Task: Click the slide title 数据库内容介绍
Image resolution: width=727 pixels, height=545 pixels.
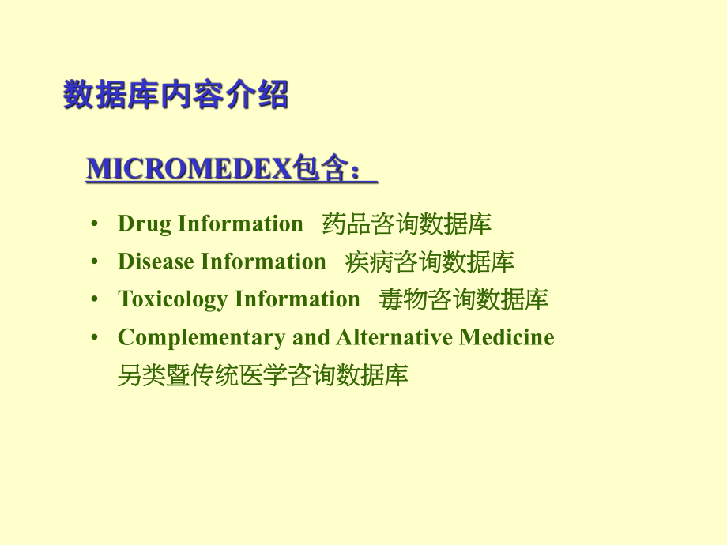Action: [x=175, y=96]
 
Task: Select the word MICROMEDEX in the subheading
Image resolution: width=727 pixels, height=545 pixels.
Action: [x=188, y=169]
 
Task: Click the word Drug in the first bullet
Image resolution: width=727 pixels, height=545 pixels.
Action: [x=145, y=224]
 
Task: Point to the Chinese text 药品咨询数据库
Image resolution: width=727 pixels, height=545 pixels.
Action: [x=406, y=224]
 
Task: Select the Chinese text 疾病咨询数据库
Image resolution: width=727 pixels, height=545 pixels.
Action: [x=429, y=262]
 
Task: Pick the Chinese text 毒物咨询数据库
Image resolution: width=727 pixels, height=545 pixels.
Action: [x=463, y=300]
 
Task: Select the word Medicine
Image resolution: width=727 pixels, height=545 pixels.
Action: [x=507, y=337]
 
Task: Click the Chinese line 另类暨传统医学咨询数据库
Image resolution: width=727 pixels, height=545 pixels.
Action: [x=262, y=375]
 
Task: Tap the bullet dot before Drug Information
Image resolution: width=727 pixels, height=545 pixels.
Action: [x=95, y=224]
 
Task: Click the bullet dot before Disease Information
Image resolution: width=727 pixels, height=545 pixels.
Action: [x=95, y=262]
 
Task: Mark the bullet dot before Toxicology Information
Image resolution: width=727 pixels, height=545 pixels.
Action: [x=95, y=300]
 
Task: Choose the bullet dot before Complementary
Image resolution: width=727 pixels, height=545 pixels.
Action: [x=95, y=338]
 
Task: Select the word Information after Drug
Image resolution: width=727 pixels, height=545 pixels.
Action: [x=241, y=224]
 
